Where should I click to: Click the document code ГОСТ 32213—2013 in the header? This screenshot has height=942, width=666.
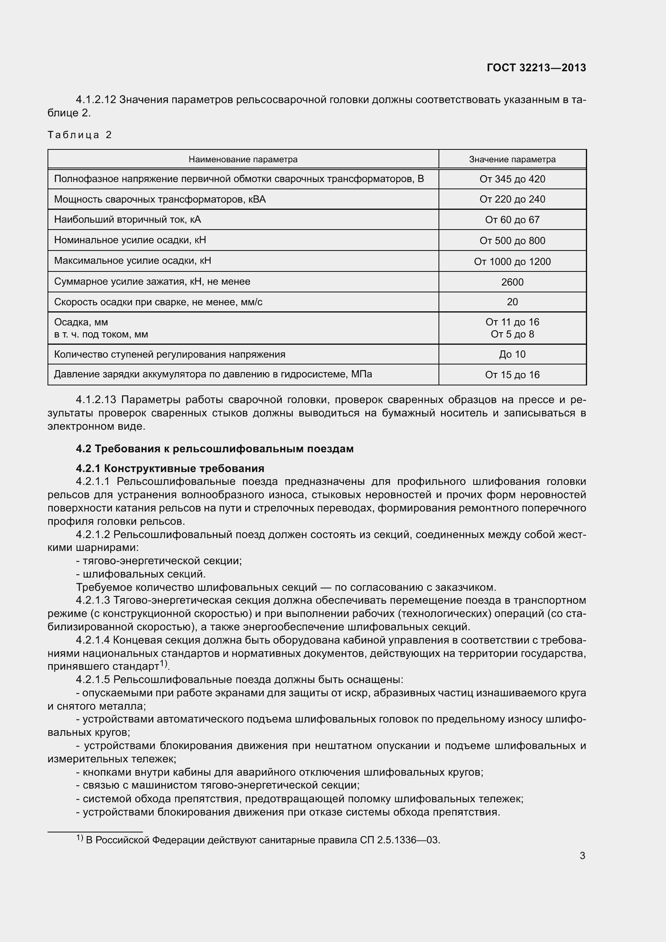pyautogui.click(x=536, y=68)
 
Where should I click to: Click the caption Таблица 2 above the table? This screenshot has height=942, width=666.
pyautogui.click(x=80, y=135)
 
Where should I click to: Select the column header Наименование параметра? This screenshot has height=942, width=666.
pyautogui.click(x=243, y=159)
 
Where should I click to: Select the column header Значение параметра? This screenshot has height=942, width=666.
pyautogui.click(x=512, y=159)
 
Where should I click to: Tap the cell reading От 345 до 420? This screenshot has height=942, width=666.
pyautogui.click(x=512, y=179)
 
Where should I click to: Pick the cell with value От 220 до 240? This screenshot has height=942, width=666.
pyautogui.click(x=512, y=199)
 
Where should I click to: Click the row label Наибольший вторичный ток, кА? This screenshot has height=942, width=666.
pyautogui.click(x=128, y=219)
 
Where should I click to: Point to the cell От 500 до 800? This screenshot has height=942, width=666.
pyautogui.click(x=512, y=240)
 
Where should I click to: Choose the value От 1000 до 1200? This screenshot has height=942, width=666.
pyautogui.click(x=512, y=261)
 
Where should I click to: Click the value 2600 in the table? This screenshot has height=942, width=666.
pyautogui.click(x=512, y=282)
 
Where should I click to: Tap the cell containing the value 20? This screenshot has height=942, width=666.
pyautogui.click(x=512, y=302)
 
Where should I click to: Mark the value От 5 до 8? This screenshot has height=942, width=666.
pyautogui.click(x=512, y=334)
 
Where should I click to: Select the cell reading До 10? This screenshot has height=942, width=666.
pyautogui.click(x=512, y=354)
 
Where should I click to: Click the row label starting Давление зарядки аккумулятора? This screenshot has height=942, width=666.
pyautogui.click(x=213, y=374)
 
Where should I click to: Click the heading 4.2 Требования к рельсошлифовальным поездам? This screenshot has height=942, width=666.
pyautogui.click(x=215, y=449)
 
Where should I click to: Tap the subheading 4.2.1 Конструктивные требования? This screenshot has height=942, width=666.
pyautogui.click(x=170, y=468)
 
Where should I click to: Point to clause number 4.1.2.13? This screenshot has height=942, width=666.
pyautogui.click(x=96, y=400)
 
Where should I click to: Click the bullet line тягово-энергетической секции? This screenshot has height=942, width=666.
pyautogui.click(x=159, y=561)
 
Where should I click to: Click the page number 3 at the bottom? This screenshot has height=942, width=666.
pyautogui.click(x=582, y=855)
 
